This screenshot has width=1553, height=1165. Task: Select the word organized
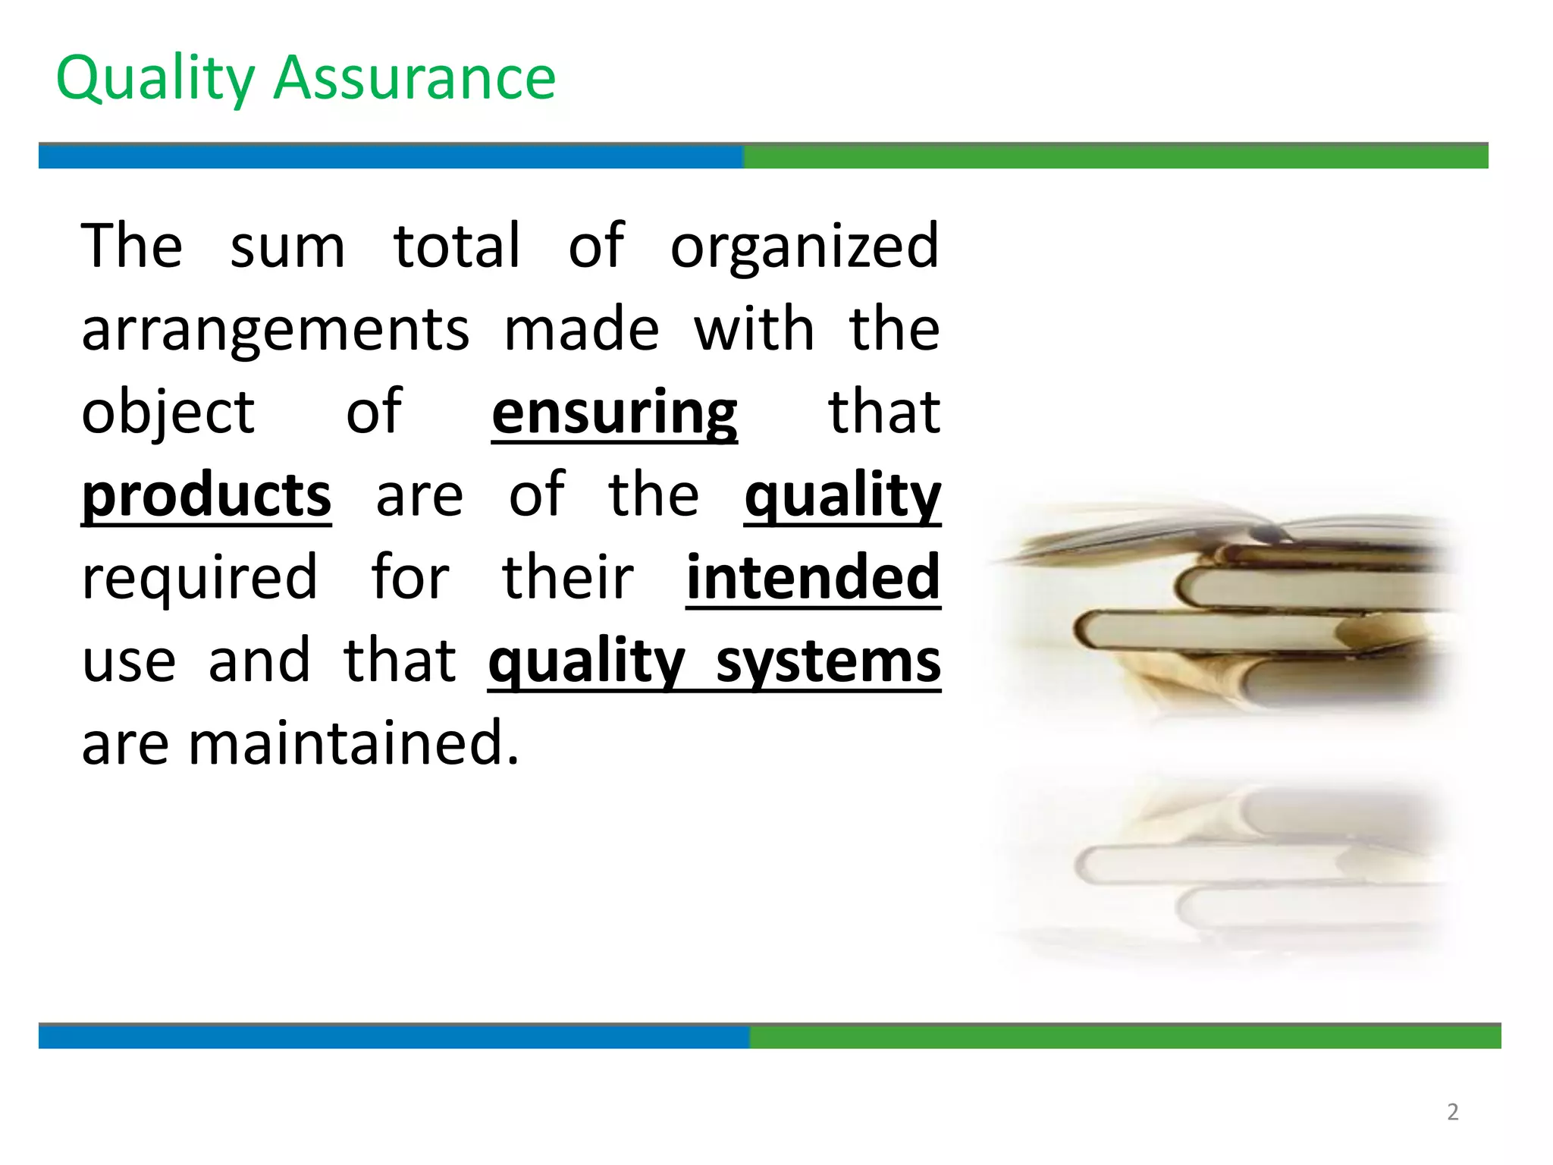click(805, 247)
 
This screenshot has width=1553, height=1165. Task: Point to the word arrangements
click(275, 331)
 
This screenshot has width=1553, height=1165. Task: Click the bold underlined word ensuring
click(614, 413)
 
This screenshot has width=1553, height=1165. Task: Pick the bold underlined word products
click(206, 496)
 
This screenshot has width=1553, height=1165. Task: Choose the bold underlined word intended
click(813, 578)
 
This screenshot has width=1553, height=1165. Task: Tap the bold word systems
click(828, 661)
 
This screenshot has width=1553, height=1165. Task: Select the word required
click(199, 578)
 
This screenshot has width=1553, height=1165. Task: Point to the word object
click(168, 413)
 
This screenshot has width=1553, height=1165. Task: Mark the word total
click(457, 247)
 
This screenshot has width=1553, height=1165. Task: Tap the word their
click(567, 578)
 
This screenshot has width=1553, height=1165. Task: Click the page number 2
click(1452, 1112)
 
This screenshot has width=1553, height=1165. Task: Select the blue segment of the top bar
click(391, 157)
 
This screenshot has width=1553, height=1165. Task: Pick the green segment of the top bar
click(1115, 157)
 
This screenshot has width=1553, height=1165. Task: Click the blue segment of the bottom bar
click(394, 1037)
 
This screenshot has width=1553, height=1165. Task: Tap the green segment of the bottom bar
click(1125, 1037)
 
